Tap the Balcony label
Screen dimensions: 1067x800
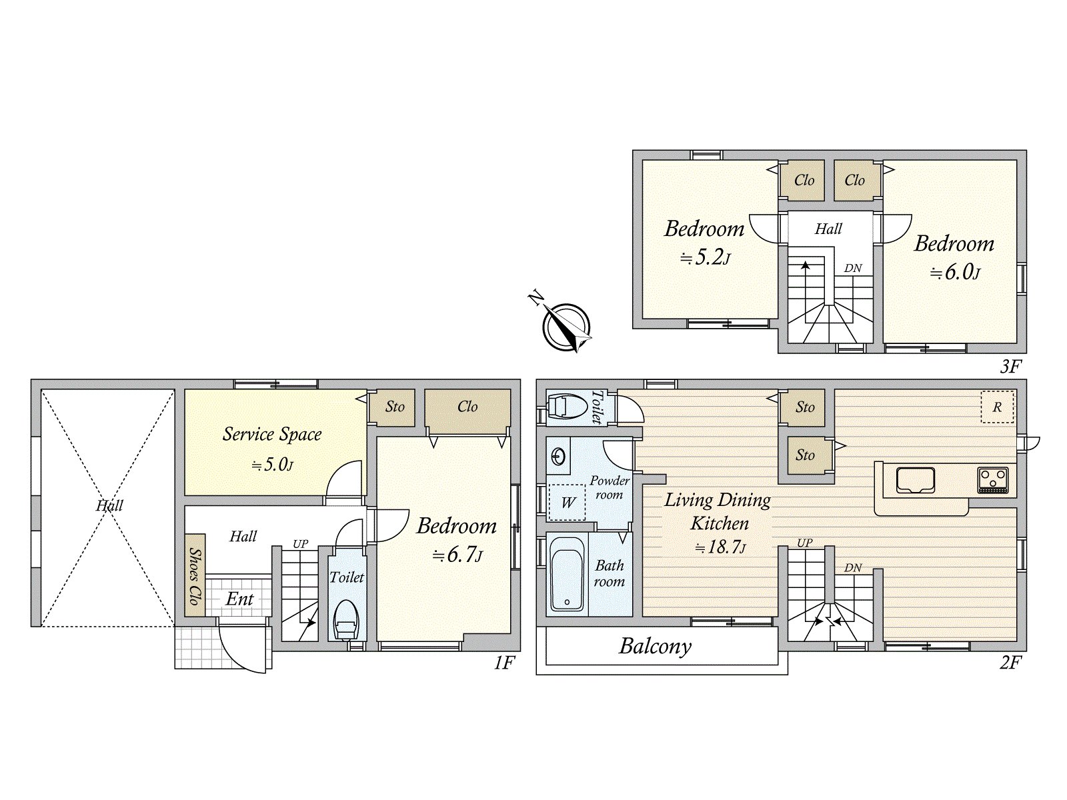[x=655, y=647]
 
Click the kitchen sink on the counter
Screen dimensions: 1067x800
[x=916, y=479]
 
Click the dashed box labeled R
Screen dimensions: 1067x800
[x=997, y=407]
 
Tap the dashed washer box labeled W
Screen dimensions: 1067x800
[x=567, y=502]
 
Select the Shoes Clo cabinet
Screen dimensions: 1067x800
[x=195, y=575]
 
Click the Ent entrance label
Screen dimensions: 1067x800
[x=239, y=599]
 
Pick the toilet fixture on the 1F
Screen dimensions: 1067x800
[x=347, y=620]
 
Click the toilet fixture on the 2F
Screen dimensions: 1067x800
[x=566, y=406]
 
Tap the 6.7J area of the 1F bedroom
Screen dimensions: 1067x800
[x=457, y=555]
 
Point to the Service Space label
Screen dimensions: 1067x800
[x=272, y=434]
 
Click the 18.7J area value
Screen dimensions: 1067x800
[x=720, y=547]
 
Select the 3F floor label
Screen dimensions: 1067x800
[x=1011, y=366]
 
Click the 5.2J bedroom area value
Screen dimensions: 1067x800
[x=705, y=257]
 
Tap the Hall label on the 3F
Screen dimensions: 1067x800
[x=828, y=229]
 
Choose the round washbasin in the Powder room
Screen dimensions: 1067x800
[x=558, y=456]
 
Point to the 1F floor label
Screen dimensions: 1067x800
[x=504, y=663]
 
